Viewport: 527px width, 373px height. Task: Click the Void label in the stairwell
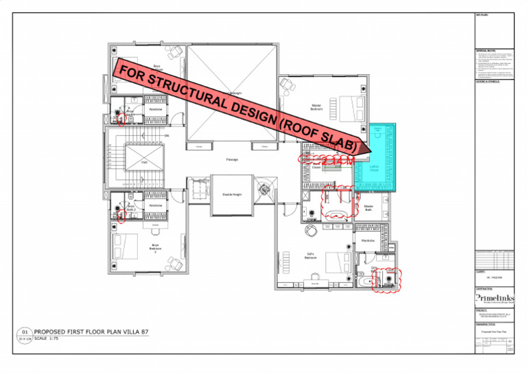pyautogui.click(x=144, y=162)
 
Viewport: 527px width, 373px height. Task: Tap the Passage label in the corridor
pyautogui.click(x=232, y=159)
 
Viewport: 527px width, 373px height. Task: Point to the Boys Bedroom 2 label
pyautogui.click(x=155, y=248)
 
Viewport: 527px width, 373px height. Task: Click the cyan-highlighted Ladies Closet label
pyautogui.click(x=375, y=167)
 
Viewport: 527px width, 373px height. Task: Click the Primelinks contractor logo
pyautogui.click(x=493, y=298)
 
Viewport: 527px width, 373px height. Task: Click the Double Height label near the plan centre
pyautogui.click(x=231, y=194)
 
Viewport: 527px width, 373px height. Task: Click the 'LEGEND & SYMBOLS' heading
pyautogui.click(x=488, y=81)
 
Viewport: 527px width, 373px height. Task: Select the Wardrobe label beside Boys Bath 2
pyautogui.click(x=155, y=205)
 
